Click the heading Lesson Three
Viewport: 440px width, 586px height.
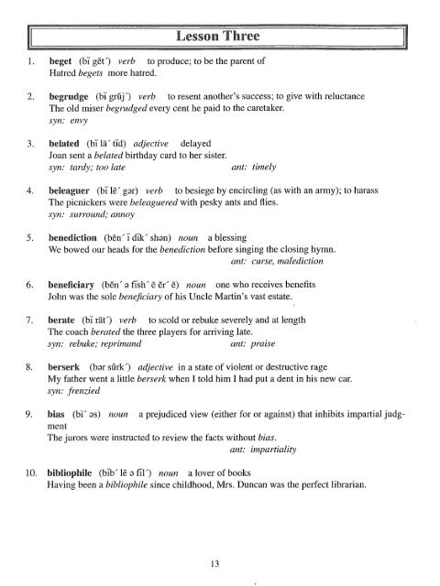219,36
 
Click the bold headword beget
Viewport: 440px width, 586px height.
60,61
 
